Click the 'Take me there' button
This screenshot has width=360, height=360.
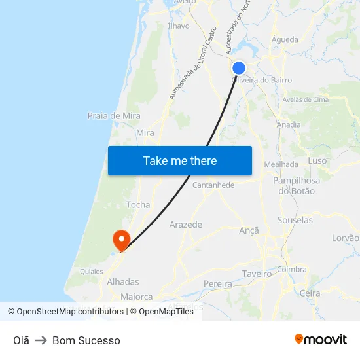180,160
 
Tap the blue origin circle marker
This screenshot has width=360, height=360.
239,68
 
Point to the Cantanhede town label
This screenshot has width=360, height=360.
213,185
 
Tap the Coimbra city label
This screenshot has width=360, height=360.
292,270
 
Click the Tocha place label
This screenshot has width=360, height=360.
138,205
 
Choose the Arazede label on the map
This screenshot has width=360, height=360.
186,225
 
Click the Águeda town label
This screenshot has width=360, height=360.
285,40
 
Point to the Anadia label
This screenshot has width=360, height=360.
289,124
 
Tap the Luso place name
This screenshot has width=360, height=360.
317,160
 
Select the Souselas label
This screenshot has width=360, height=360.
295,220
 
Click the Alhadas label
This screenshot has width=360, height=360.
123,282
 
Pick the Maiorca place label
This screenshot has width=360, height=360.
137,297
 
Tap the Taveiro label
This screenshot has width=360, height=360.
257,274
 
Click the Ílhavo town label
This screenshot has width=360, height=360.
179,26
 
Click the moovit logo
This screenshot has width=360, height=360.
321,339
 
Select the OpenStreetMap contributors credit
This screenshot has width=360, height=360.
65,312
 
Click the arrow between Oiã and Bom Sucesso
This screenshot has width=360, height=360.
41,340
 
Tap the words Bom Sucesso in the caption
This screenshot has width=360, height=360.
86,340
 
